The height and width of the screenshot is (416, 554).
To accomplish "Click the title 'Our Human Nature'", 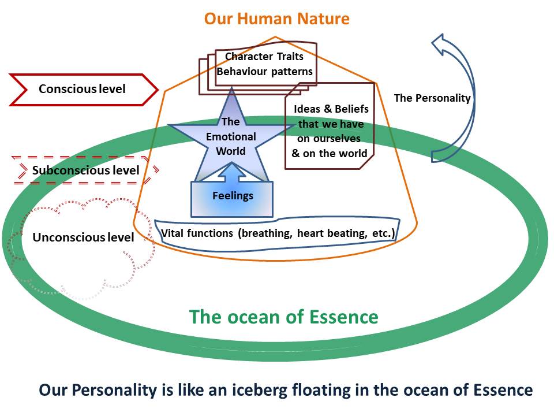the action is click(276, 18).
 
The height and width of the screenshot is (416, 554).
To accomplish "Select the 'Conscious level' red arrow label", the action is click(83, 90).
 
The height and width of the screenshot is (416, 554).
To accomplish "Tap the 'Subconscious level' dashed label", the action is click(85, 170).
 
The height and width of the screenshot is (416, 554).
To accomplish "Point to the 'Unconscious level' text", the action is click(83, 237).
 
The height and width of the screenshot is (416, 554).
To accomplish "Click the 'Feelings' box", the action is click(232, 199).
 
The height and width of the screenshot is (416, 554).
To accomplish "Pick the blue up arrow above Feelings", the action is click(232, 172).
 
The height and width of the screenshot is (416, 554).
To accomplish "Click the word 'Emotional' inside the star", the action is click(231, 136).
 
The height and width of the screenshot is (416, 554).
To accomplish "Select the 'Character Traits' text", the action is click(264, 56).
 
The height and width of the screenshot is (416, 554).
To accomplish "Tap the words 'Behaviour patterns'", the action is click(265, 72).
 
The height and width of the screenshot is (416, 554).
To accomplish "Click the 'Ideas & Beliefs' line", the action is click(331, 109).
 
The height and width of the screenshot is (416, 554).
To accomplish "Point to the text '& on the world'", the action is click(330, 153).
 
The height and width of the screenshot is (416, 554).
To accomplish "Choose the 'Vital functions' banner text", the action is click(278, 233).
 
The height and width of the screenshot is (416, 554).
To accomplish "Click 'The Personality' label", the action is click(432, 98).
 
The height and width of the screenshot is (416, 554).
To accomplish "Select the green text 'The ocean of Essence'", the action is click(284, 317).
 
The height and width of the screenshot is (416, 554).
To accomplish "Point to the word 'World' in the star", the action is click(231, 151).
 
